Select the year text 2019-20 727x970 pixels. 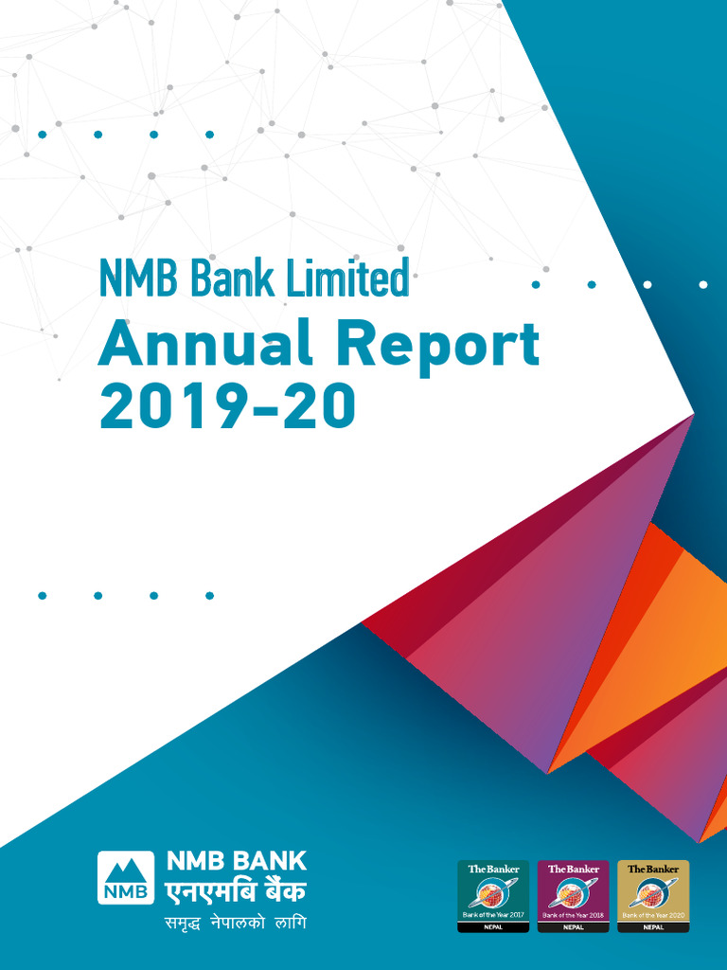pos(227,406)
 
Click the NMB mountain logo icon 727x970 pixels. pos(125,877)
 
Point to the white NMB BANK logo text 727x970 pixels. pos(237,861)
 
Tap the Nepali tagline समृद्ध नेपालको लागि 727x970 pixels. pos(233,923)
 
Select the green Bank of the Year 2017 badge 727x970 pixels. pos(493,895)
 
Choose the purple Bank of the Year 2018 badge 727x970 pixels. pos(573,895)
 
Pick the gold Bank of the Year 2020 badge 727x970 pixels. pos(653,895)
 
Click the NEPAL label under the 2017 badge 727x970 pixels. pos(493,927)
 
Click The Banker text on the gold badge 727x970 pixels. pos(653,869)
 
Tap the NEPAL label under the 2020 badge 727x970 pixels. pos(653,927)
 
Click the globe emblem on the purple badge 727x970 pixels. pos(573,892)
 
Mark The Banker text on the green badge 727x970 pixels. pos(493,869)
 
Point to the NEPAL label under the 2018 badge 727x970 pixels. pos(573,927)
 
